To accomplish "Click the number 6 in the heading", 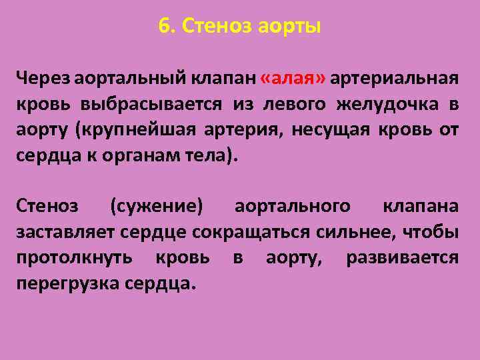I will click(x=163, y=27).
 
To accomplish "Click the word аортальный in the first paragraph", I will click(x=133, y=79).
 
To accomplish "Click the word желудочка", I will click(x=385, y=105).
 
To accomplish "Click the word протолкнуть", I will click(x=75, y=259).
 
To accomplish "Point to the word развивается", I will click(x=402, y=259).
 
